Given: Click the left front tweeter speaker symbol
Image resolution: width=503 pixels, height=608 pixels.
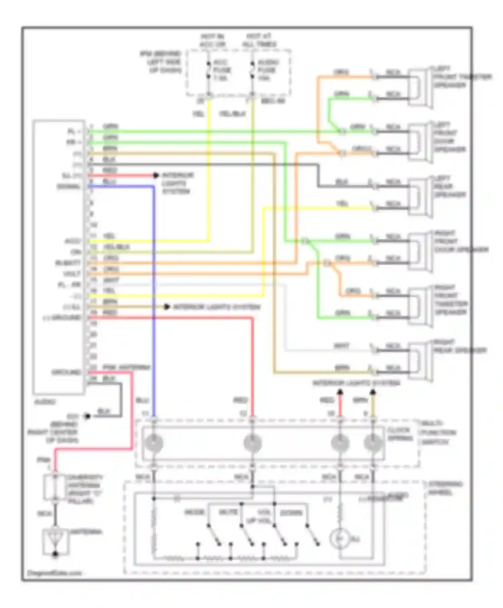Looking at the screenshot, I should tap(419, 87).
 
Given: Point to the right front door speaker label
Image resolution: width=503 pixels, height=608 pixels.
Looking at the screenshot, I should tap(460, 242).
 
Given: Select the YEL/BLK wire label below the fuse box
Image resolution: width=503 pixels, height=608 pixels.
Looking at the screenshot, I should tap(232, 114).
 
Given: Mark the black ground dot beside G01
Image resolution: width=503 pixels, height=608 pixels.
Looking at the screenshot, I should tap(88, 416).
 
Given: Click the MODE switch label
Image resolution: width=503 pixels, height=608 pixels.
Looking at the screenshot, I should tap(195, 512).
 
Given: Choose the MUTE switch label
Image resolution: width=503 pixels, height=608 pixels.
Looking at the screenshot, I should tap(228, 512).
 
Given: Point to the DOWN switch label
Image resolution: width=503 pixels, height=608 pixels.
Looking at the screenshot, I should tap(291, 513).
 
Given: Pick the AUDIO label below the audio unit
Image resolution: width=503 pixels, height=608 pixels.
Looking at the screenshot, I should tap(45, 402).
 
